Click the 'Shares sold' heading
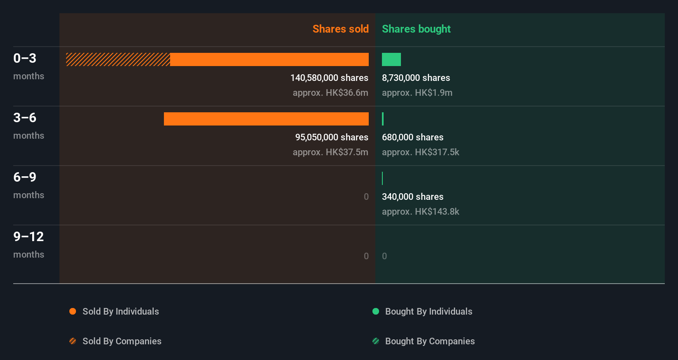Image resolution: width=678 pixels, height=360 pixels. pyautogui.click(x=340, y=29)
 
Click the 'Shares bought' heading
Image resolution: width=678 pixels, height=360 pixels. pyautogui.click(x=416, y=29)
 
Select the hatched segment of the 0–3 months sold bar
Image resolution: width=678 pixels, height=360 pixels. pyautogui.click(x=118, y=59)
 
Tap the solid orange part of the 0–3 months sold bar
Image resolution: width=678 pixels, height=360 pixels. pyautogui.click(x=269, y=59)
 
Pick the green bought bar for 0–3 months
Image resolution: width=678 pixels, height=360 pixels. pyautogui.click(x=391, y=59)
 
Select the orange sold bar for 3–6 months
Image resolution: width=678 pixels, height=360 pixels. pyautogui.click(x=266, y=119)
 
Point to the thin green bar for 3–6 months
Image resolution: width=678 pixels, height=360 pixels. pyautogui.click(x=383, y=119)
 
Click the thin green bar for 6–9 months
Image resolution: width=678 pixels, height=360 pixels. pyautogui.click(x=382, y=178)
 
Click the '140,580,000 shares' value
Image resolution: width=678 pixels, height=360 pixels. pyautogui.click(x=329, y=78)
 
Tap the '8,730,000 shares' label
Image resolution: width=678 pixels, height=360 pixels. pyautogui.click(x=416, y=78)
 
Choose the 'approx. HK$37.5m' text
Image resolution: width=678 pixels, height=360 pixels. pyautogui.click(x=330, y=152)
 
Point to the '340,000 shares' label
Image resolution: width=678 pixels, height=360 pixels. pyautogui.click(x=412, y=197)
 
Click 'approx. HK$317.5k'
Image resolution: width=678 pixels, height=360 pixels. pyautogui.click(x=420, y=152)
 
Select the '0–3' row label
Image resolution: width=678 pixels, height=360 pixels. pyautogui.click(x=25, y=58)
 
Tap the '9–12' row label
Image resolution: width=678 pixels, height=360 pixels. pyautogui.click(x=28, y=237)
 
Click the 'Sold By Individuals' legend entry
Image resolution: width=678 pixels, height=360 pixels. pyautogui.click(x=120, y=311)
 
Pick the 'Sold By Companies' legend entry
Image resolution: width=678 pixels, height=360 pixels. pyautogui.click(x=121, y=341)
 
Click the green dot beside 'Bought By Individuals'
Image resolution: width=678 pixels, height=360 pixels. pyautogui.click(x=376, y=311)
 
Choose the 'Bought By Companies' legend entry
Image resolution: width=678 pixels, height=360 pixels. pyautogui.click(x=429, y=341)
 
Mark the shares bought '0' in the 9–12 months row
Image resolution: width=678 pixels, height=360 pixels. pyautogui.click(x=384, y=256)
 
